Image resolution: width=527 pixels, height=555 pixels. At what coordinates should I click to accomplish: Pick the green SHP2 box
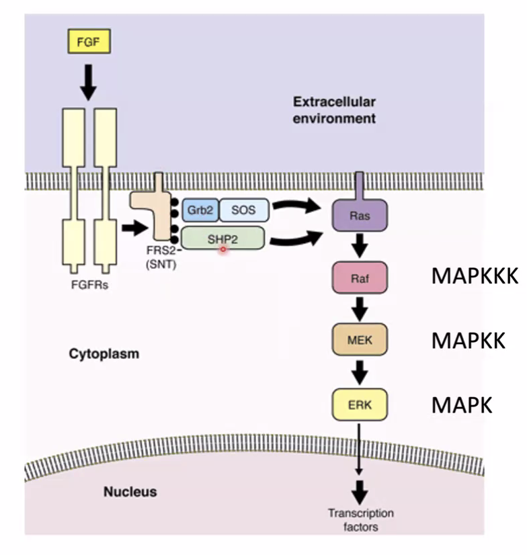coord(222,239)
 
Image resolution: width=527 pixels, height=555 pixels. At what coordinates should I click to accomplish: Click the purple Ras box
coord(360,216)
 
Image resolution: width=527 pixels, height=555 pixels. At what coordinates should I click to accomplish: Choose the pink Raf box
coord(360,277)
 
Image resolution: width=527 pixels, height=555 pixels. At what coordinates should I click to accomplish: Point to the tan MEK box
coord(360,339)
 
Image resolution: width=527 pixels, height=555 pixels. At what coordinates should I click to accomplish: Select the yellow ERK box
coord(360,404)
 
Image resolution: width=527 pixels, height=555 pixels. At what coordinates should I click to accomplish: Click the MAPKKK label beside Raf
coord(474,277)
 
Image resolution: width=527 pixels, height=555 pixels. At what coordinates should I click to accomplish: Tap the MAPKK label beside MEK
coord(468,340)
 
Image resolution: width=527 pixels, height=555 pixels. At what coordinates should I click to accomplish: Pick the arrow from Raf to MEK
coord(360,308)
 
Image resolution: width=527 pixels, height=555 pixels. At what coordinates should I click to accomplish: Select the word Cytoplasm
coord(104,353)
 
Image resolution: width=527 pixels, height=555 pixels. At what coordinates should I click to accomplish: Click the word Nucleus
coord(130,492)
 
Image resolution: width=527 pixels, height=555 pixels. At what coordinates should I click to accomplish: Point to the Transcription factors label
coord(360,520)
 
